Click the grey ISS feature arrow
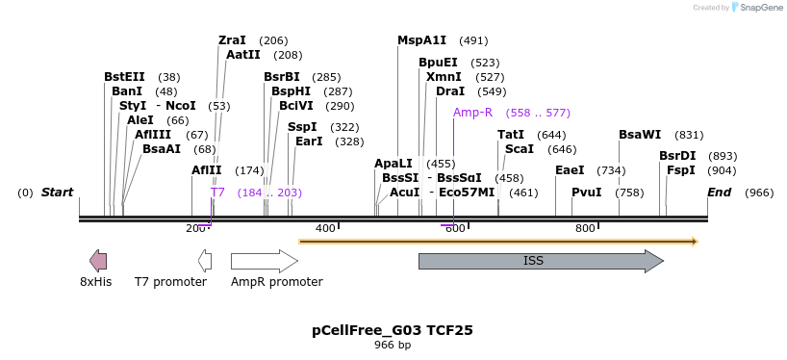[540, 261]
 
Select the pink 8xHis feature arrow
[97, 260]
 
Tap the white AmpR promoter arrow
[264, 261]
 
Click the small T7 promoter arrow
[205, 260]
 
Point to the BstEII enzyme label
[124, 77]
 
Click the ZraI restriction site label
[232, 40]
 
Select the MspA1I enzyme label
[421, 40]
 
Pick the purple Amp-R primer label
[472, 113]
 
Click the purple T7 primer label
[217, 193]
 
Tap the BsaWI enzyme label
[640, 135]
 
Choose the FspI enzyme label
[680, 170]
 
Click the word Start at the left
[57, 193]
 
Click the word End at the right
[720, 193]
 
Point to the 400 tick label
[325, 228]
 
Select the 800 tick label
[585, 228]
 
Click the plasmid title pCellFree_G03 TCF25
[392, 330]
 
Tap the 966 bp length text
[392, 345]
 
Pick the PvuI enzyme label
[586, 193]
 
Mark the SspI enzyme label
[301, 127]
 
